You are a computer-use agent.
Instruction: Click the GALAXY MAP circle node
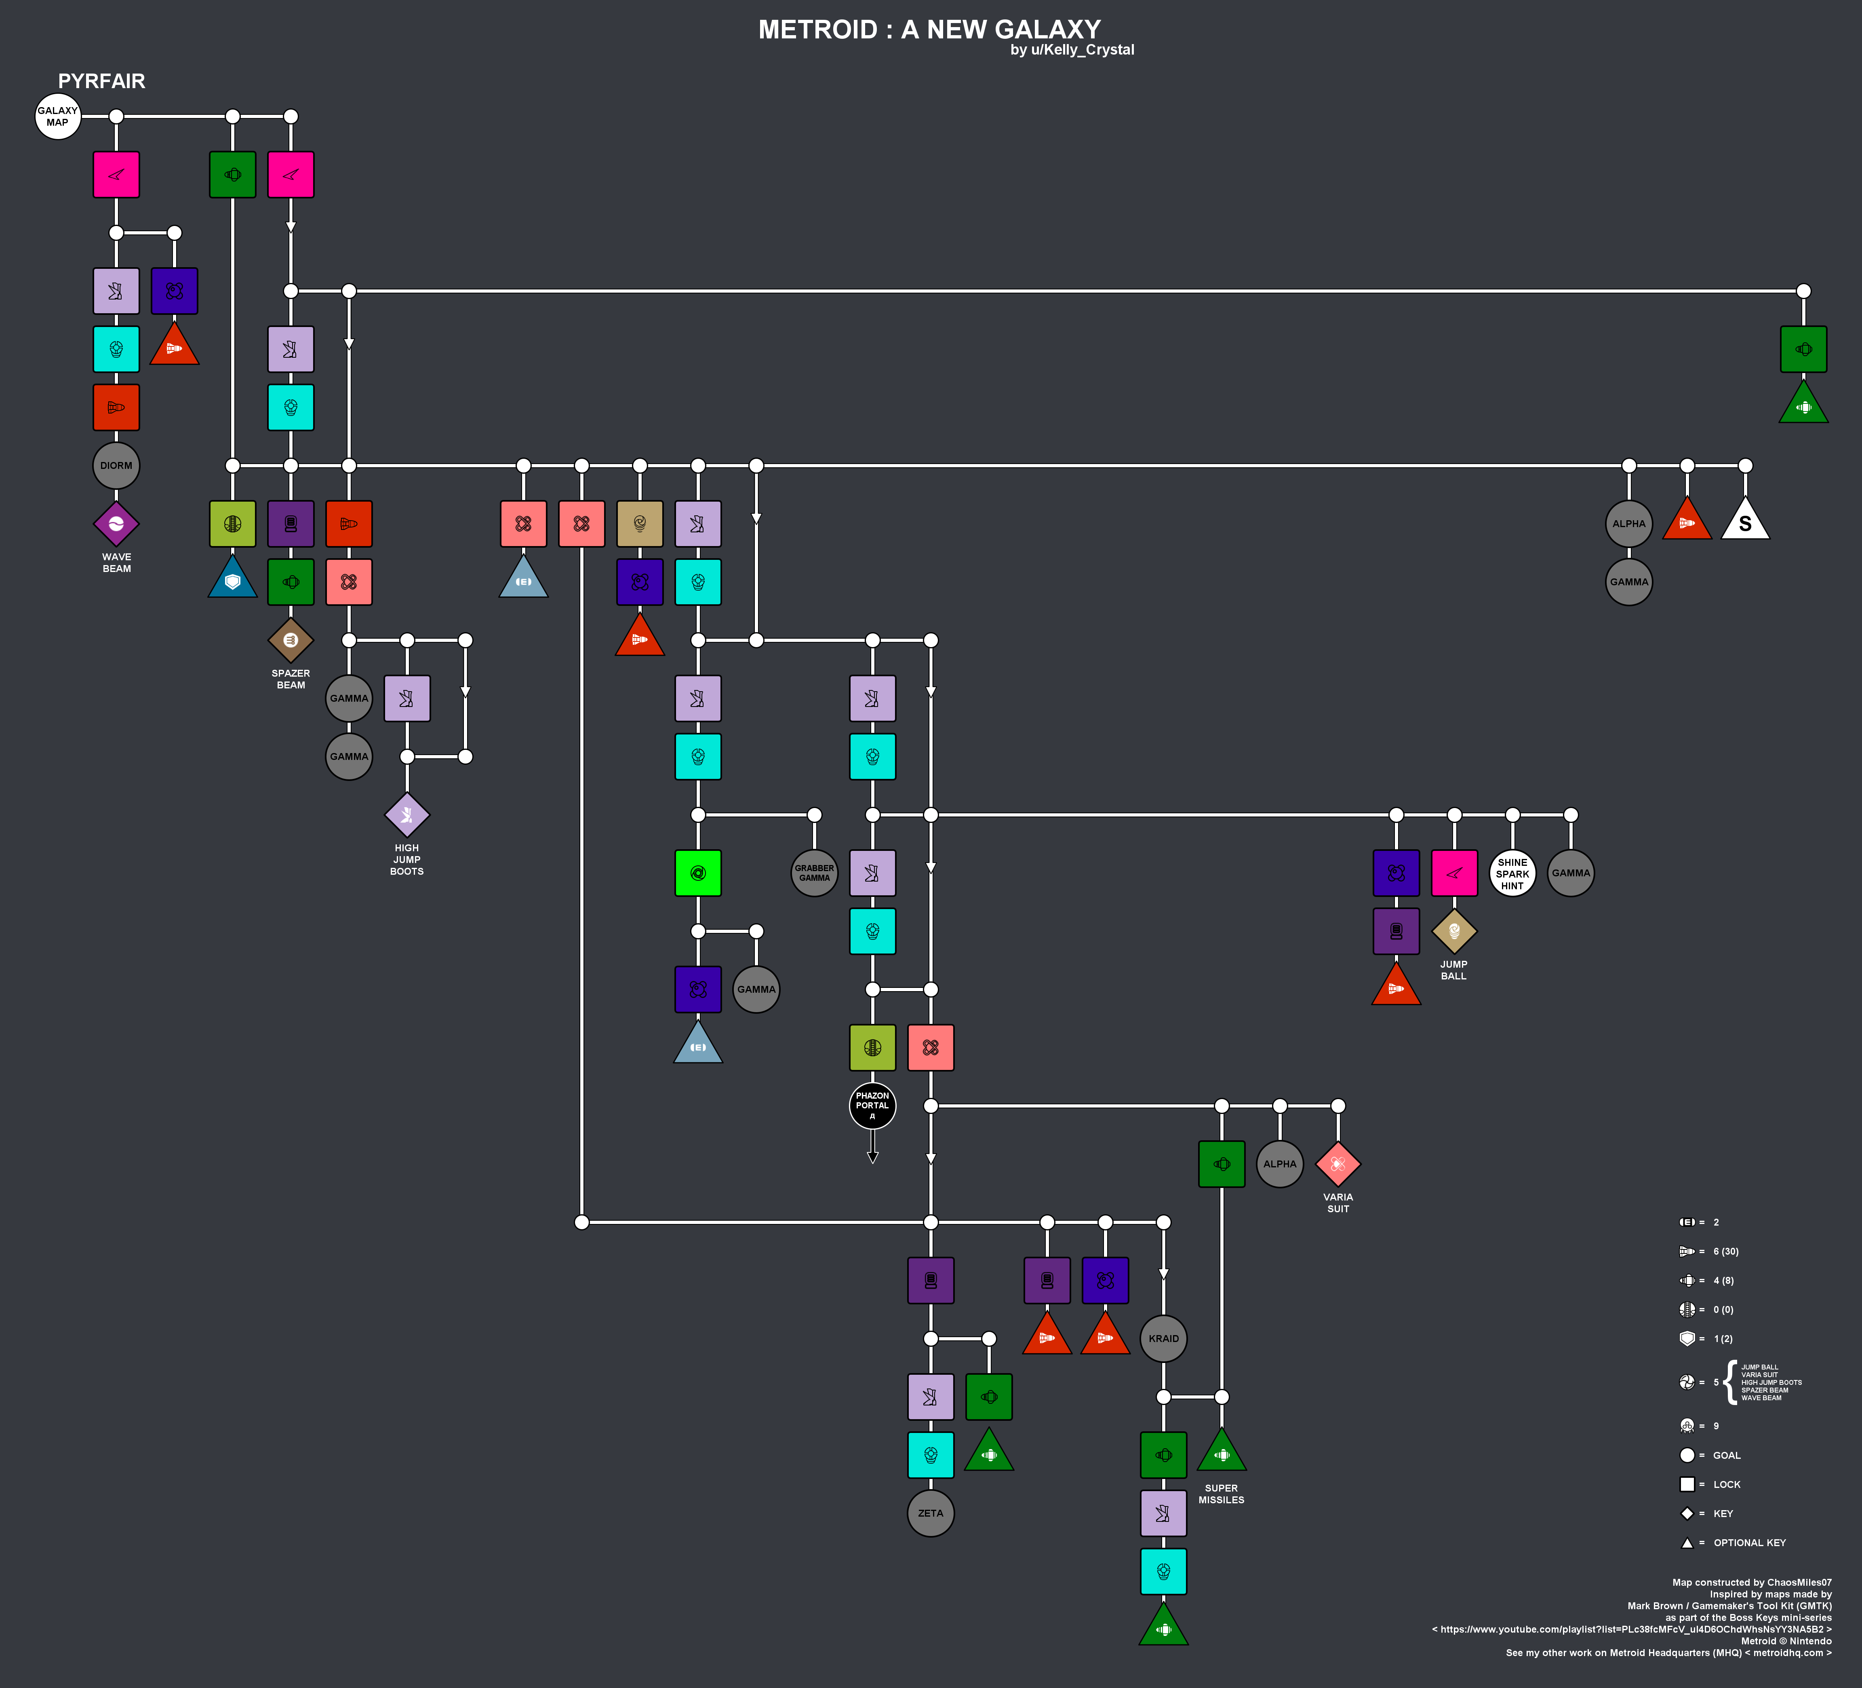click(57, 116)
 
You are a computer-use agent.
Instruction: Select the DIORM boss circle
click(116, 466)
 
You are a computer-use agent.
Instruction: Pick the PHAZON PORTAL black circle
click(873, 1106)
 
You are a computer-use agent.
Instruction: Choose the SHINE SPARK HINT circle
click(1513, 873)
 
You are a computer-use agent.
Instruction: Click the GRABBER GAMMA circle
click(815, 873)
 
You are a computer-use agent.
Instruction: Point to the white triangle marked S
click(1746, 520)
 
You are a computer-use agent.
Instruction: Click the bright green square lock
click(698, 873)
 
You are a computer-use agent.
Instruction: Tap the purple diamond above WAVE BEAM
click(116, 524)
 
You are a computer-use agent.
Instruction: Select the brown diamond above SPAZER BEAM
click(291, 640)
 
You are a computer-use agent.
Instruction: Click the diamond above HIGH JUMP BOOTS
click(407, 815)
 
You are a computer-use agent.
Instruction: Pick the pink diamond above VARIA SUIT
click(1338, 1164)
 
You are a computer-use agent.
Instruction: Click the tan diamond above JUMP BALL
click(1455, 931)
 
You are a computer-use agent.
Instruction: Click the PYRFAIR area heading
click(101, 81)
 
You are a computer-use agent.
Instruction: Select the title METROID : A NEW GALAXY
click(930, 30)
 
